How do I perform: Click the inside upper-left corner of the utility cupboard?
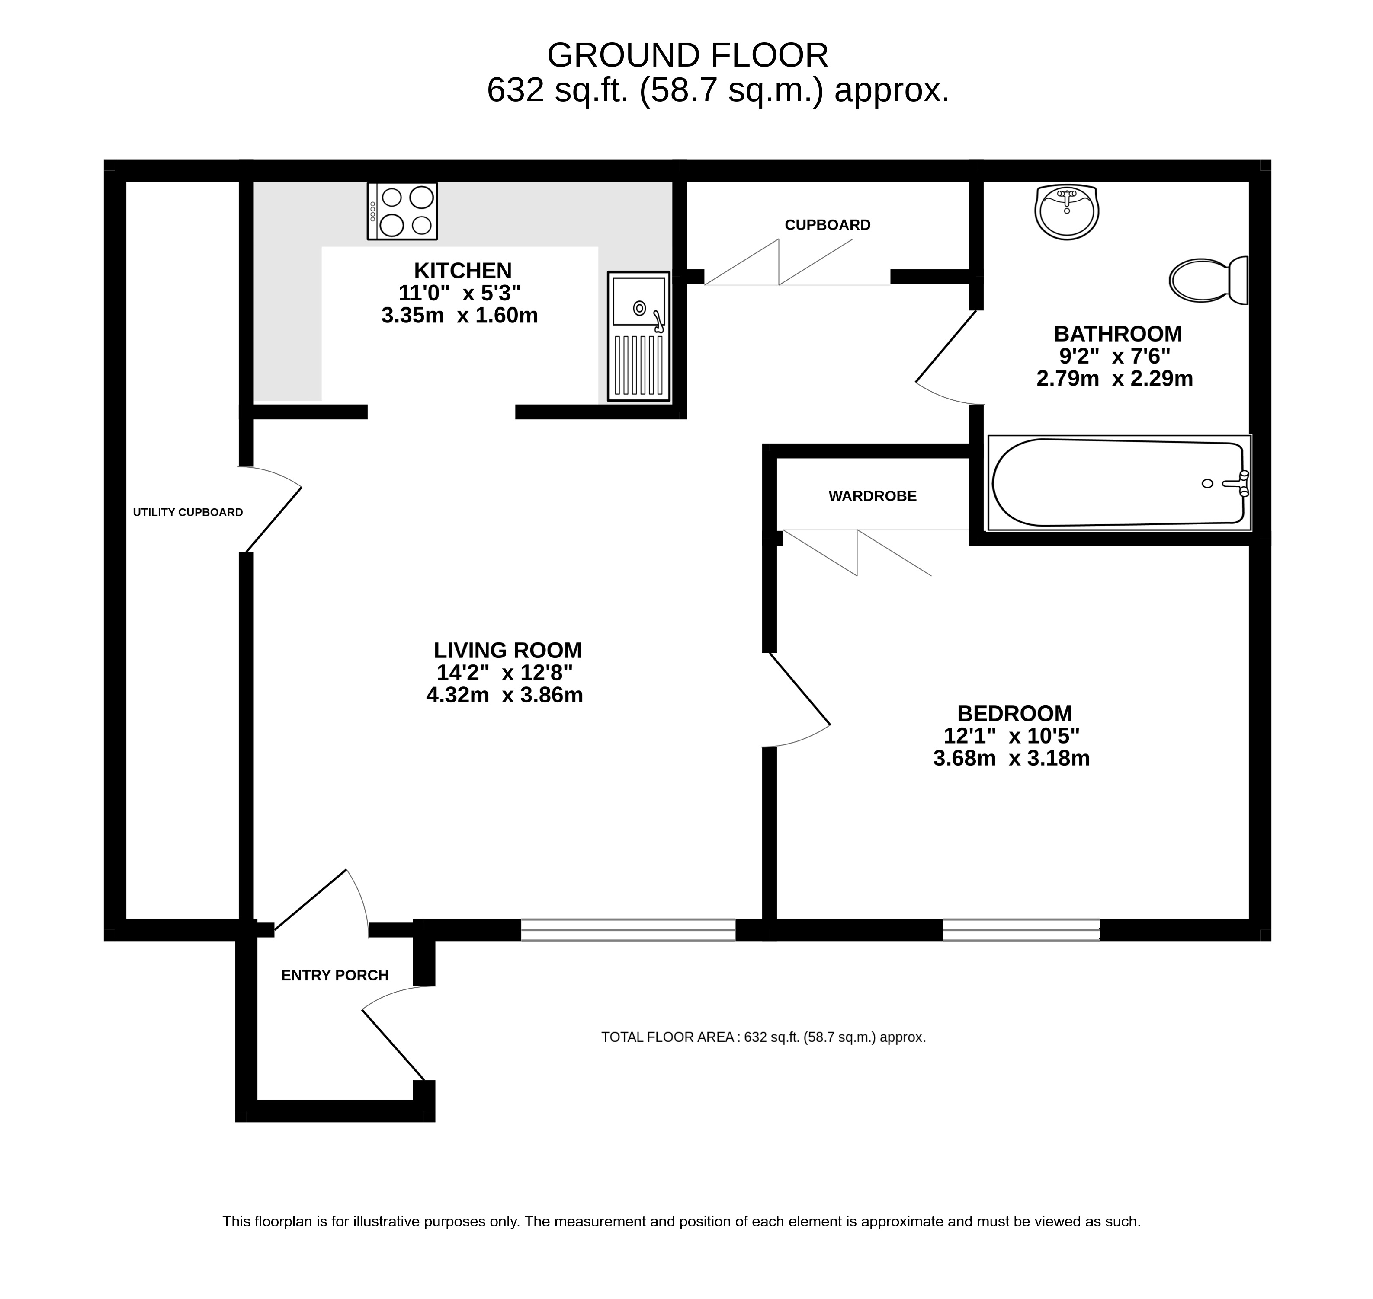tap(126, 182)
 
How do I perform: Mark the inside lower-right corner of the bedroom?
tap(1249, 919)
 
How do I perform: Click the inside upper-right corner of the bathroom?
tap(1249, 182)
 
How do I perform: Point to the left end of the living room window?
tap(522, 930)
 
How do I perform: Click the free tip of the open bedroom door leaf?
tap(830, 725)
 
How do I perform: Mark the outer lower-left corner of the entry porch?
tap(235, 1122)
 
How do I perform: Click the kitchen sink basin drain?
tap(639, 307)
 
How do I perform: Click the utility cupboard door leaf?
tap(274, 519)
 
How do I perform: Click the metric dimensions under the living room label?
tap(504, 695)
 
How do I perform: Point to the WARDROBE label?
tap(872, 496)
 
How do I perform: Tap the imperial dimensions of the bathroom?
tap(1115, 357)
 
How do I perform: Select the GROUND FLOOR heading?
tap(687, 55)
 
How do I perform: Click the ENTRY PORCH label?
tap(334, 975)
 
